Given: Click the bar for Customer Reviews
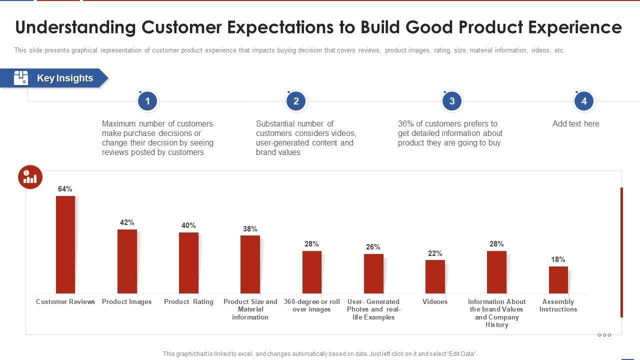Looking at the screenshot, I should (65, 244).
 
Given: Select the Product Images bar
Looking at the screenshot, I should (127, 261).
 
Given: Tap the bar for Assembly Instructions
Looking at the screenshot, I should (558, 279).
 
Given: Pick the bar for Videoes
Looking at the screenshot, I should (435, 276).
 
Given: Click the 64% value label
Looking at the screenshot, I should (65, 189).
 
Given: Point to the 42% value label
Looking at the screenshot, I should (127, 222).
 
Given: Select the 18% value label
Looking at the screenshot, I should (558, 259).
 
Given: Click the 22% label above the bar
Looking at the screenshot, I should (435, 253).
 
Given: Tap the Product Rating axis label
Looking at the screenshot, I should (188, 302).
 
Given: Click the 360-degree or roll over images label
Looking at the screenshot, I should (311, 305).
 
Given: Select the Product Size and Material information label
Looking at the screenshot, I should (250, 309).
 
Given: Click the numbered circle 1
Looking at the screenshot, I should (147, 101).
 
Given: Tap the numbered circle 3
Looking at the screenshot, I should (452, 101).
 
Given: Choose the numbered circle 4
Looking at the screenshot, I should (583, 101).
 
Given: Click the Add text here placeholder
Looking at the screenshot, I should (575, 124).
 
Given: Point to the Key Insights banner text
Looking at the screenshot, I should (65, 78).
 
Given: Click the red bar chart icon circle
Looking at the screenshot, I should (30, 177).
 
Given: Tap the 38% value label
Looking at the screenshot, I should (250, 229).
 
